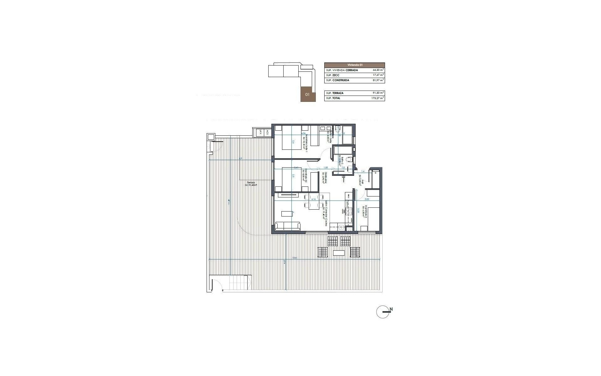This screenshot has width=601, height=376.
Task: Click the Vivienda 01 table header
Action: tap(355, 65)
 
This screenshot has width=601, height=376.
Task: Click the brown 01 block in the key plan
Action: tap(307, 94)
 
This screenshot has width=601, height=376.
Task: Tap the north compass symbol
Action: tap(383, 311)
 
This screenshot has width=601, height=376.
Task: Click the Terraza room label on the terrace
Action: tap(251, 184)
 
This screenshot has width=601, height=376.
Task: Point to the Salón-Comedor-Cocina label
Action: tap(325, 213)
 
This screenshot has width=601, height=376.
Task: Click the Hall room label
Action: tap(360, 180)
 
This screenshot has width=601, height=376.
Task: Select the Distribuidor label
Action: tap(325, 178)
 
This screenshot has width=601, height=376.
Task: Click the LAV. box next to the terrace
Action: tap(259, 133)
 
